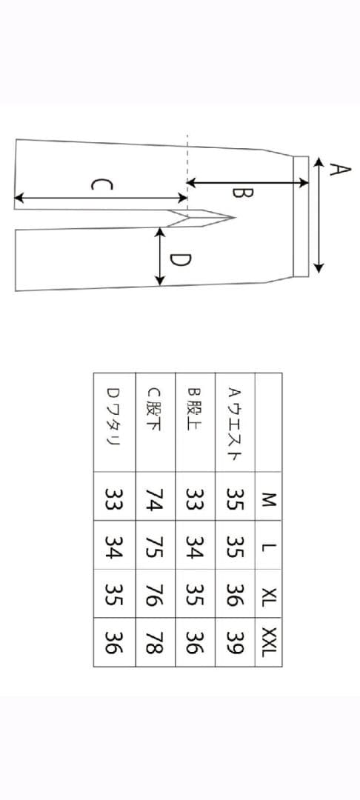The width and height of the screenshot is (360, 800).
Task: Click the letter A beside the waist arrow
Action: [x=339, y=170]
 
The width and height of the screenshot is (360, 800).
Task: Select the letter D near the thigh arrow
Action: [x=180, y=260]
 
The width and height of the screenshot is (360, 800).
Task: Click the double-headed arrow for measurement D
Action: [x=160, y=256]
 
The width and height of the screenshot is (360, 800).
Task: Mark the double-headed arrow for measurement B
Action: [x=248, y=182]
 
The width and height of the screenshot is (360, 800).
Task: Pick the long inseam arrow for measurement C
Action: [x=101, y=198]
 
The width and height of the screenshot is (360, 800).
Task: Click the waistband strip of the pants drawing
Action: [x=301, y=216]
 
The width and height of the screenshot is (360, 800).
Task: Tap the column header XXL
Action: [x=268, y=641]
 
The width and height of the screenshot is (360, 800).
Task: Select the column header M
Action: [x=268, y=499]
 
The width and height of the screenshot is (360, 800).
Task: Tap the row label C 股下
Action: [x=155, y=409]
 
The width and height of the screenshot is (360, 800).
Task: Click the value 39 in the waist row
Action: [x=235, y=641]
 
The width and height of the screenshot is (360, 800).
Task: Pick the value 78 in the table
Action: [x=155, y=641]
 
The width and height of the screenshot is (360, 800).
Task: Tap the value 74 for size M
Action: [x=155, y=499]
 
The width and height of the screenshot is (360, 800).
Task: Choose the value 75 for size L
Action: [x=155, y=546]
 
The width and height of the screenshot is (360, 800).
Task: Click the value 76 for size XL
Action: [x=155, y=594]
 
